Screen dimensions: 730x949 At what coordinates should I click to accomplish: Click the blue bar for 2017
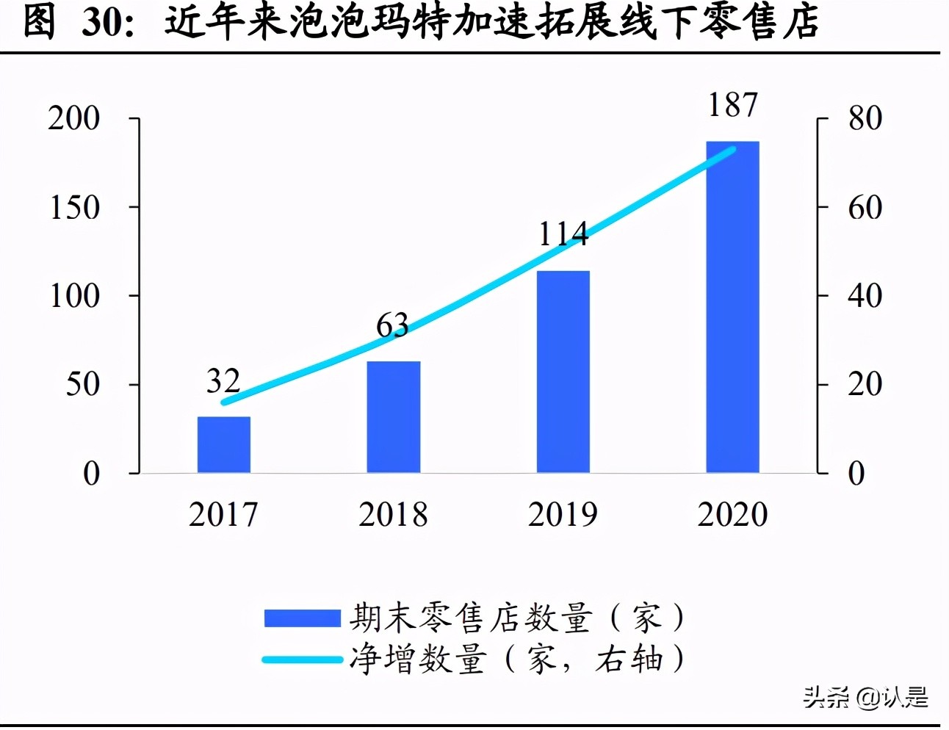(224, 444)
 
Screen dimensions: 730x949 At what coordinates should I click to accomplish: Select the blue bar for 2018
(394, 416)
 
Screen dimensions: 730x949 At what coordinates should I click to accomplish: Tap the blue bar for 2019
(563, 372)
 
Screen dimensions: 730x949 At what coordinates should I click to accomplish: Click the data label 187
(732, 105)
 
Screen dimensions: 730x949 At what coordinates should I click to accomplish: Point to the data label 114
(563, 234)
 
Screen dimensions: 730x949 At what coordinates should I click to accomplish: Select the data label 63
(392, 325)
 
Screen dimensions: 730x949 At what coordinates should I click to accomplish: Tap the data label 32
(223, 381)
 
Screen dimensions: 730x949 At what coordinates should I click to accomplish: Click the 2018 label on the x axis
(393, 515)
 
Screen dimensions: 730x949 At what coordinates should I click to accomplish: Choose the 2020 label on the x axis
(732, 515)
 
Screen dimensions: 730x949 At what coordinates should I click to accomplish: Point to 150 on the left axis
(74, 208)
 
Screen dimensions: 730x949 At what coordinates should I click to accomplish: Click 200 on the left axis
(74, 118)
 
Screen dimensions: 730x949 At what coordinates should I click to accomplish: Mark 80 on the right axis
(865, 118)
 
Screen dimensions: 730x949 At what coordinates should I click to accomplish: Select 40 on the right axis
(865, 296)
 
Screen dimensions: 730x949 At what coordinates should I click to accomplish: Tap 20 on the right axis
(865, 384)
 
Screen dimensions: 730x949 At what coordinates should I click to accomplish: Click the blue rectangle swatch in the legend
(302, 618)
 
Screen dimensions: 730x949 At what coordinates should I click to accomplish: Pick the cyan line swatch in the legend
(302, 659)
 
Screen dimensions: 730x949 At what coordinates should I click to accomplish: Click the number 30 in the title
(104, 22)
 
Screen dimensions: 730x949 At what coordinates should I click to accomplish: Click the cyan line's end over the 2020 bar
(732, 150)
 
